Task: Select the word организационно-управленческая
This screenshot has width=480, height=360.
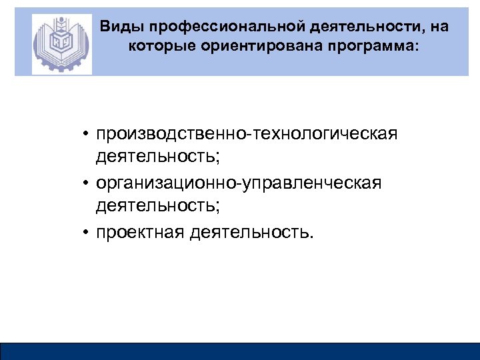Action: [x=238, y=182]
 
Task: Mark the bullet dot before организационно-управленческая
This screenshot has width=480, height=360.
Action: [x=87, y=183]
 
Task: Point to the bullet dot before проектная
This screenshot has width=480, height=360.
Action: [x=87, y=232]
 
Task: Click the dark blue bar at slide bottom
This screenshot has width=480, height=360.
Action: [x=240, y=351]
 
